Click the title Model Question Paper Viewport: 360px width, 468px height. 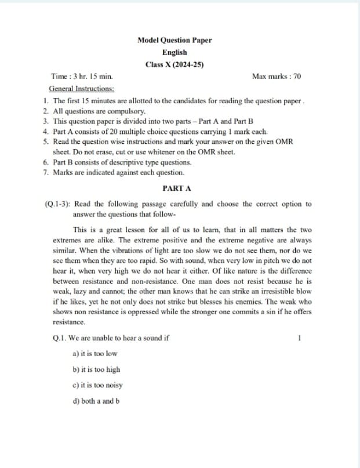(x=174, y=40)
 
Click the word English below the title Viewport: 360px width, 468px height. (x=174, y=52)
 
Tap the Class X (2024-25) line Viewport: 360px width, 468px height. (x=174, y=64)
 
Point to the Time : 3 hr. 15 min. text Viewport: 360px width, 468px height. (x=82, y=77)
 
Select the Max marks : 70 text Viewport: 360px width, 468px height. (x=277, y=77)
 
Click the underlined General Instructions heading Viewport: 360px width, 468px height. (x=82, y=89)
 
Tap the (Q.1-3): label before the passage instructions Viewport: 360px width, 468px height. (x=58, y=204)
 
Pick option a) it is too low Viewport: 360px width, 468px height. (x=94, y=353)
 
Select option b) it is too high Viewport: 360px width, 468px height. (x=96, y=369)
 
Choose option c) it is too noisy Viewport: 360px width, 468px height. (x=97, y=385)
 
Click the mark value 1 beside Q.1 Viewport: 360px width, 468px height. (x=299, y=338)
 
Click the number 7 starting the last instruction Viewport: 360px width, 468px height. (x=45, y=172)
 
